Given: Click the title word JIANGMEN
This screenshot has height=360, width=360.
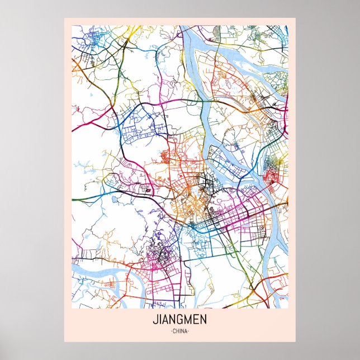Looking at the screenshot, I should pyautogui.click(x=179, y=321).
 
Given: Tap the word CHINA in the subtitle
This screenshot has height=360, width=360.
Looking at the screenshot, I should pyautogui.click(x=179, y=331).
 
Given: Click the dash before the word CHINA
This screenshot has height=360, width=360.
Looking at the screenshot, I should pyautogui.click(x=169, y=331).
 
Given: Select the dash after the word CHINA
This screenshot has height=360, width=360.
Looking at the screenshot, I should pyautogui.click(x=190, y=331).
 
